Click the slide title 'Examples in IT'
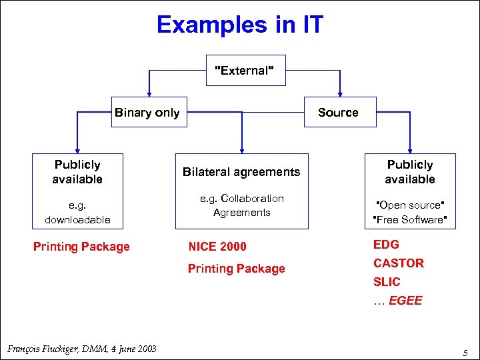(x=239, y=25)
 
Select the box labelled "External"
(x=245, y=71)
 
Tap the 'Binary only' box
(x=147, y=112)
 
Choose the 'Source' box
(x=338, y=112)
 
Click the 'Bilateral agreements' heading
(x=241, y=172)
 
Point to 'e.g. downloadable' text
(x=77, y=212)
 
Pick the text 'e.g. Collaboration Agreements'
(x=241, y=205)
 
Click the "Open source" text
(x=409, y=205)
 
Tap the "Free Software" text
(x=409, y=219)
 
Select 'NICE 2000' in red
(x=217, y=247)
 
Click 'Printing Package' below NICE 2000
(x=236, y=269)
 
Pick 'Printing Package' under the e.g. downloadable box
(x=81, y=247)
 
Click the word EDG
(x=386, y=245)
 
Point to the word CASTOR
(x=398, y=263)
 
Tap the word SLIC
(x=387, y=282)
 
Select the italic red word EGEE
(x=405, y=301)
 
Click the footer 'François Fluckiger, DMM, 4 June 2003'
(x=81, y=349)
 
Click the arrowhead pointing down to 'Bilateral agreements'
(x=241, y=149)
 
